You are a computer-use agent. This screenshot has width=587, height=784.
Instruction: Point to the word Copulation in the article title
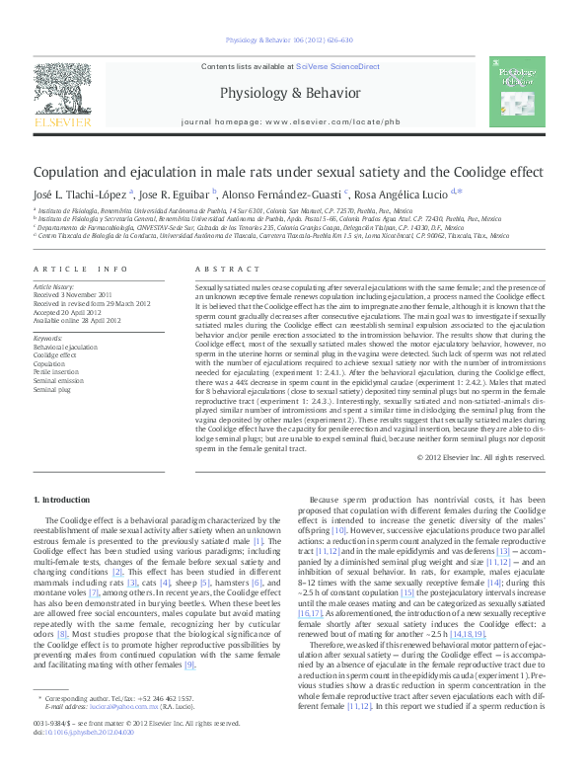point(74,171)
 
